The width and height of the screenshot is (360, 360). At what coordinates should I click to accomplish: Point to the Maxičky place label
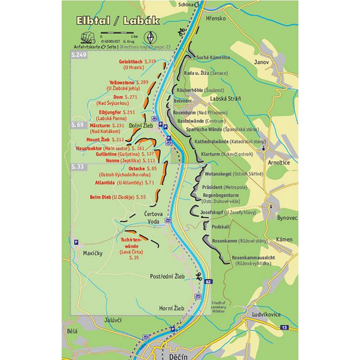(93, 253)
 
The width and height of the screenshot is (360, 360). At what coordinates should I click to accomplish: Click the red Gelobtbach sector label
(131, 61)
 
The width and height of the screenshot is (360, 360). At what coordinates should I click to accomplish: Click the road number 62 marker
(207, 282)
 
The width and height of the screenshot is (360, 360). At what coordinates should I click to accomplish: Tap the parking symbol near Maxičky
(76, 242)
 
